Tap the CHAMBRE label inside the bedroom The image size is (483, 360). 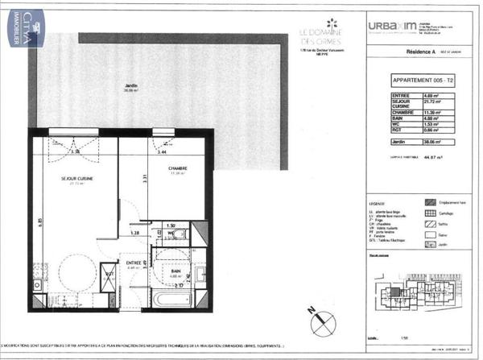[178, 169]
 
